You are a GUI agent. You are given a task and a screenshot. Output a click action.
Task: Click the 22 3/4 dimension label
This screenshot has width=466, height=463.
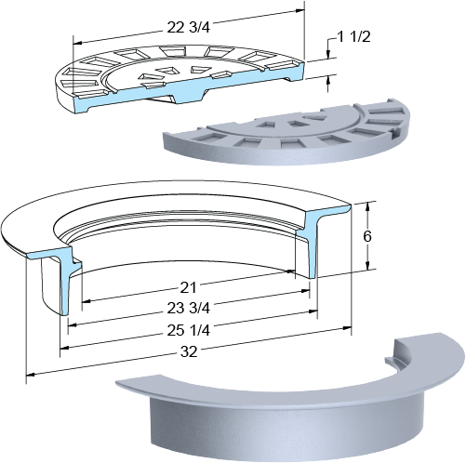189,27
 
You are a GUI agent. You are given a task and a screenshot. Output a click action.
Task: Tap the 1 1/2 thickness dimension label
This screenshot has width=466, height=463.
353,37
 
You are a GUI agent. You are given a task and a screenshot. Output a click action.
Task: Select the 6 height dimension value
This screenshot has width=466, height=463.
367,236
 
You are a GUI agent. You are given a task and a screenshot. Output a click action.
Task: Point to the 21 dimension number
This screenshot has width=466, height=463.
188,288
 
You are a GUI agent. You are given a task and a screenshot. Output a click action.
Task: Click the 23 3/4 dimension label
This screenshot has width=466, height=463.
189,308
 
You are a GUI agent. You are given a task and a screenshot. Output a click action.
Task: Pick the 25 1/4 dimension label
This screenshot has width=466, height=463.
189,330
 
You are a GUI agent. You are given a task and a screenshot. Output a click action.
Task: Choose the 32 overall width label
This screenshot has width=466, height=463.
189,351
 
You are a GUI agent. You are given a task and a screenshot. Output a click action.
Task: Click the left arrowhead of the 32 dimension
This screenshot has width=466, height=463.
30,375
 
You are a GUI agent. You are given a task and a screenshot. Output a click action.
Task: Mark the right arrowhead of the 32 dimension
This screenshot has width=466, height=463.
347,328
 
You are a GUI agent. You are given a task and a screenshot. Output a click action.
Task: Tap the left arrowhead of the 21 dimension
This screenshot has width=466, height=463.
86,301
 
